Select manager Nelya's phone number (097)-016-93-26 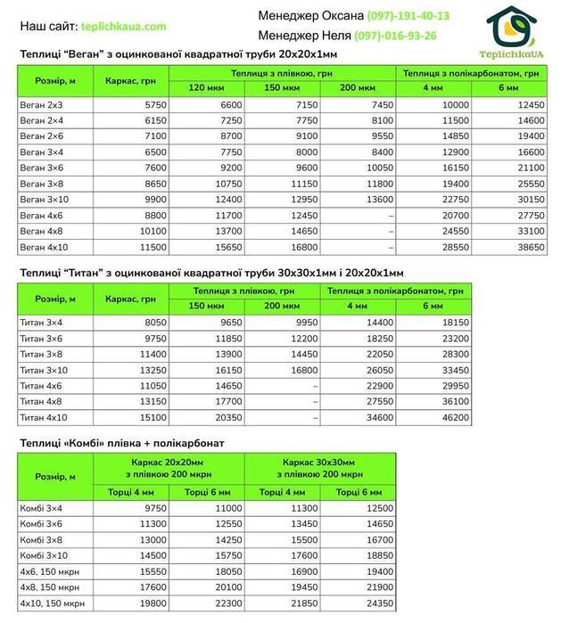[395, 36]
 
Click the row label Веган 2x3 [41, 104]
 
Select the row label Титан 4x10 [43, 416]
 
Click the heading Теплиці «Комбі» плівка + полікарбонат [122, 442]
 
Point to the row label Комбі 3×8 [43, 539]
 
